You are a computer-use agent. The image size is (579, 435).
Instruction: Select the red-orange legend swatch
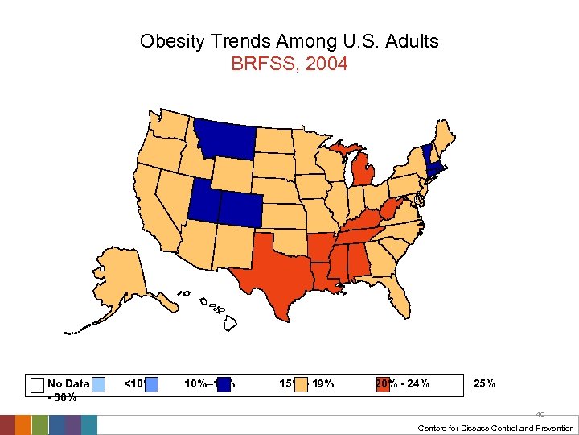(383, 384)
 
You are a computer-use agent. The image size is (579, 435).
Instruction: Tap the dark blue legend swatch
(224, 384)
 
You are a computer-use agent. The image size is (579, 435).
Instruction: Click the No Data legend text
(68, 384)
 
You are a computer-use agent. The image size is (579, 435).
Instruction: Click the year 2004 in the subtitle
(330, 64)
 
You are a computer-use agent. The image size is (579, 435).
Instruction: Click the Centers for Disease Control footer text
(495, 428)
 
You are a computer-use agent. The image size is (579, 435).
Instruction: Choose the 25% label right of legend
(485, 383)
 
